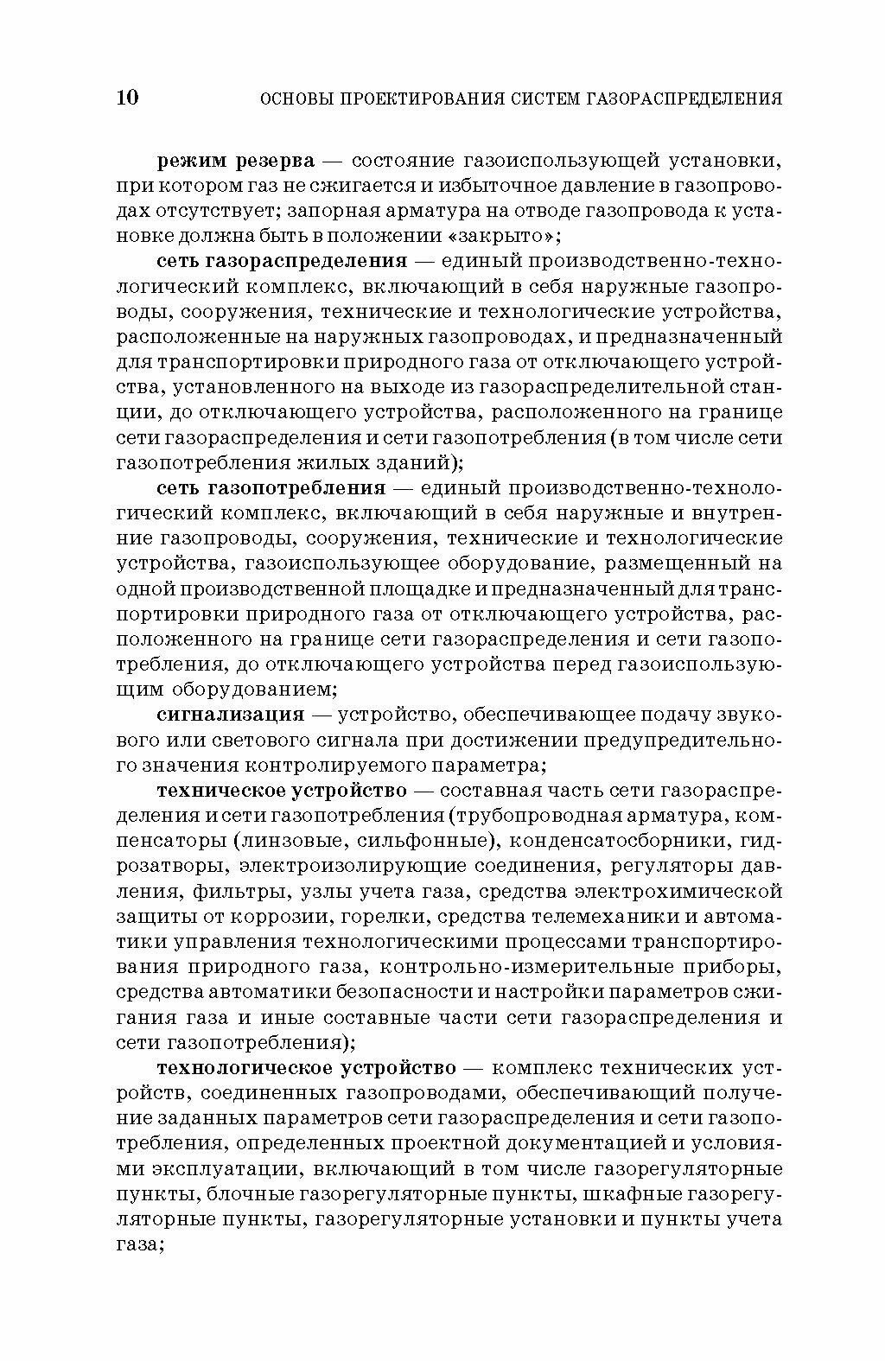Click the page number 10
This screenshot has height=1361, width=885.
click(126, 97)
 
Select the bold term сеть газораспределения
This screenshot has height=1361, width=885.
click(282, 261)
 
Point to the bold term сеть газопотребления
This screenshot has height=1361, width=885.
click(271, 488)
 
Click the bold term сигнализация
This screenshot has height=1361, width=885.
click(231, 715)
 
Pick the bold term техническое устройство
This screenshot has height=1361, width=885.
click(281, 790)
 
